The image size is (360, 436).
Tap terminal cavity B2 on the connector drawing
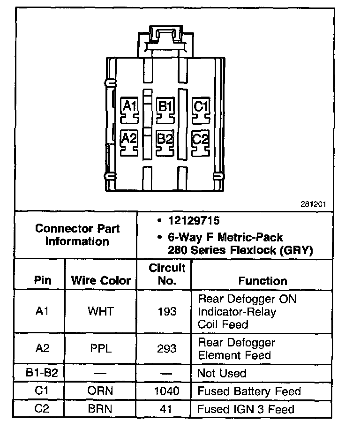pyautogui.click(x=165, y=141)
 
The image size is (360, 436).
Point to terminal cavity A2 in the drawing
pyautogui.click(x=129, y=141)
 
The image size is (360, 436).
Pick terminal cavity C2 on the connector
pyautogui.click(x=201, y=141)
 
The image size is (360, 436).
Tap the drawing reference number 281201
pyautogui.click(x=313, y=204)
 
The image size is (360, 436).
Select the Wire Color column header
pyautogui.click(x=101, y=281)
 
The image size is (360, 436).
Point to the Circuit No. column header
pyautogui.click(x=167, y=275)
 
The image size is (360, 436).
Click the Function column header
pyautogui.click(x=262, y=281)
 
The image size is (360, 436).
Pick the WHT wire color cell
pyautogui.click(x=100, y=311)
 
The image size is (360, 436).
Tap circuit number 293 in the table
pyautogui.click(x=167, y=348)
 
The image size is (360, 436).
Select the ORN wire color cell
pyautogui.click(x=100, y=391)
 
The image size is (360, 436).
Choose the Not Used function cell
pyautogui.click(x=222, y=373)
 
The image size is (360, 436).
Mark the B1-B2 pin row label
pyautogui.click(x=42, y=373)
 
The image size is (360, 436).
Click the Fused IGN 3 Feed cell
pyautogui.click(x=246, y=409)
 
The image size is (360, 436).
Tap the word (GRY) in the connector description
pyautogui.click(x=296, y=250)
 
